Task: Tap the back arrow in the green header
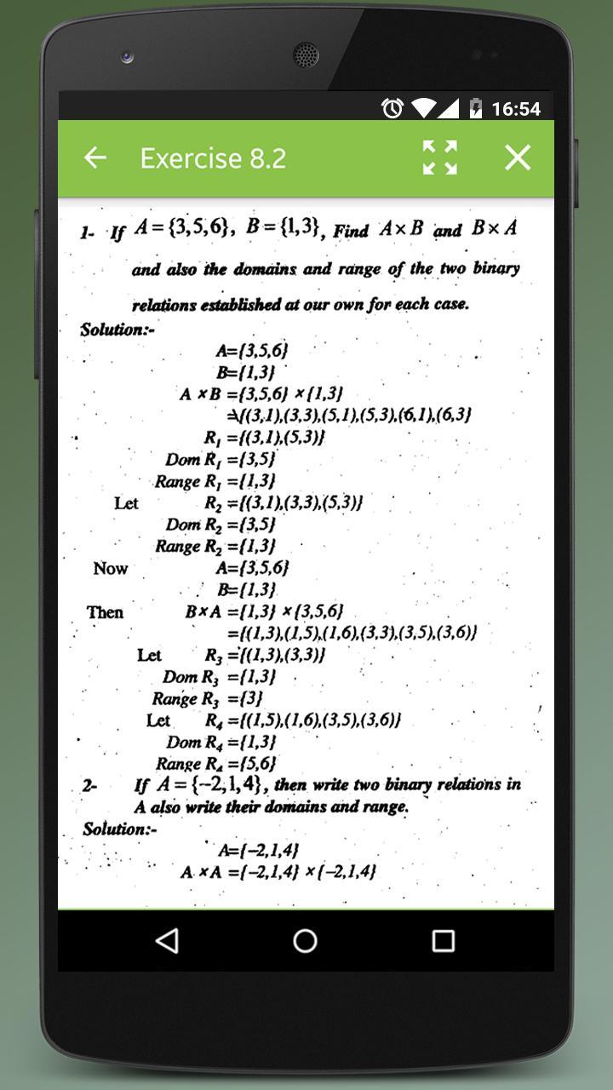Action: pos(95,158)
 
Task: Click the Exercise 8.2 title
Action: pos(213,158)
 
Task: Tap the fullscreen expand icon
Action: pos(440,158)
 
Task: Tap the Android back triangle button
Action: pos(168,940)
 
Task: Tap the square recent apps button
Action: pos(443,940)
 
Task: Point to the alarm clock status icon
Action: pos(392,109)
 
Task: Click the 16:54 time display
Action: pos(516,109)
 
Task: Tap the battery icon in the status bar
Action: pos(476,109)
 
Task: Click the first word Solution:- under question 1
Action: pos(117,330)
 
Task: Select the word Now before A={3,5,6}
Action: pos(111,568)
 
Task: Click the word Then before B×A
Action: pos(105,612)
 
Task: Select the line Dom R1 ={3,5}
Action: pos(221,460)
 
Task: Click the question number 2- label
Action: pos(90,786)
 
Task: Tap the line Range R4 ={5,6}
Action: pos(215,764)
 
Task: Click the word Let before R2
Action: pos(126,503)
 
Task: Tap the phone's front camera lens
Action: pos(128,57)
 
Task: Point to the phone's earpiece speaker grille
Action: pos(306,54)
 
